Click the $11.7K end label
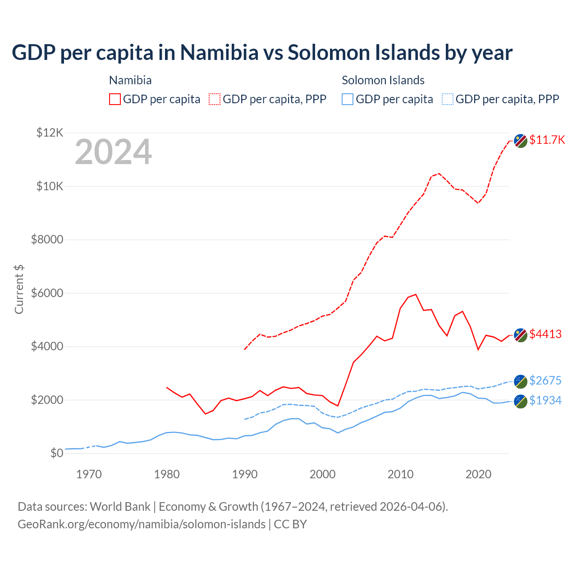547,140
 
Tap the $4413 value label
545,334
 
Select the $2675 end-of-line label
545,380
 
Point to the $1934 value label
545,400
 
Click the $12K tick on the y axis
50,133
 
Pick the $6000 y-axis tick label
47,293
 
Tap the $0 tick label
56,453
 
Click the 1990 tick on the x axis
245,474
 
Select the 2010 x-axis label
400,474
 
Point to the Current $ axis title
19,289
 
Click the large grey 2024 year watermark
113,152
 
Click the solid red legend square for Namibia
115,99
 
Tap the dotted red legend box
215,99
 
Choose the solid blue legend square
348,99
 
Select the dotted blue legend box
447,99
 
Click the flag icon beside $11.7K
521,141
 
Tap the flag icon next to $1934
521,401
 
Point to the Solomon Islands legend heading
383,80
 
